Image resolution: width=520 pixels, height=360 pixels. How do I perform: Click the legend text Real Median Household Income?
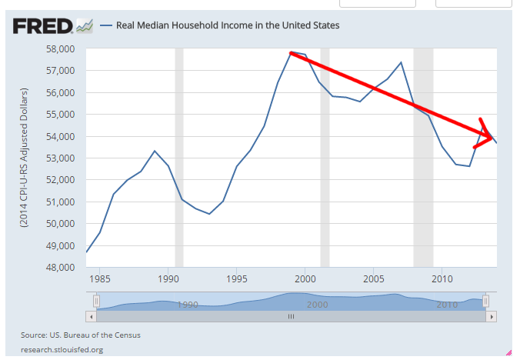coord(227,25)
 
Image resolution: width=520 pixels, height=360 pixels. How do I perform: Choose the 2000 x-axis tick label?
coord(305,278)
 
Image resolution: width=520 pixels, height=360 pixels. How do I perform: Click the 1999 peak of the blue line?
coord(292,52)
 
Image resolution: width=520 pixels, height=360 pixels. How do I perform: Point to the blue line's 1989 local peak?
coord(155,151)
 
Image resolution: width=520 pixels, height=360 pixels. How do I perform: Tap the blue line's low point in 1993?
coord(209,214)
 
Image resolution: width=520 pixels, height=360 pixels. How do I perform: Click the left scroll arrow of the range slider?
coord(91,316)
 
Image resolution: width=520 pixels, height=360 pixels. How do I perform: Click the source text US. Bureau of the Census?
coord(81,335)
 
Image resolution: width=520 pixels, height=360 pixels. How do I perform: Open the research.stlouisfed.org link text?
coord(63,349)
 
